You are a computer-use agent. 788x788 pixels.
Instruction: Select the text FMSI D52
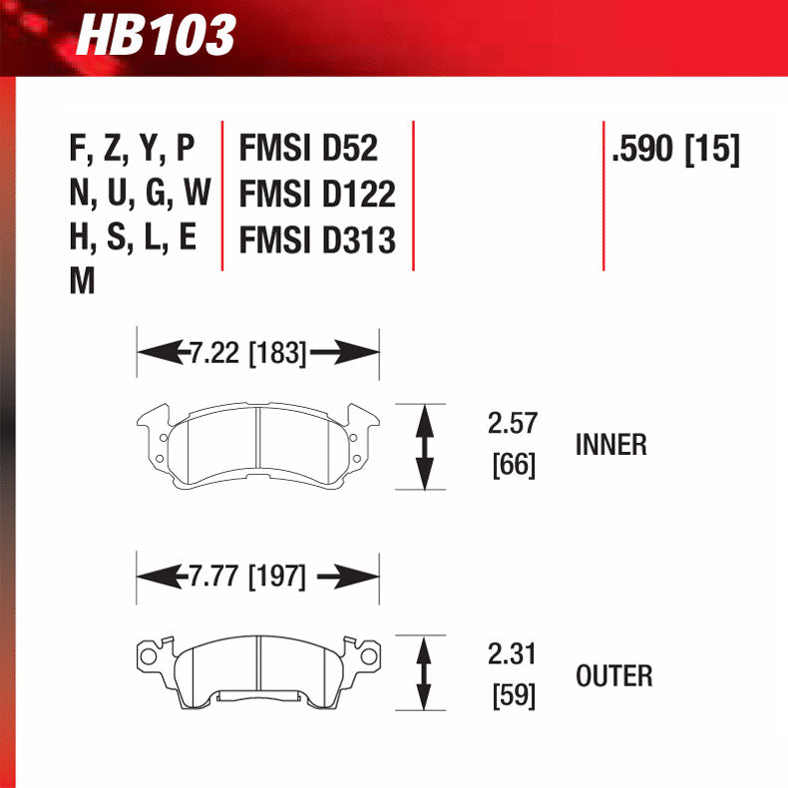pyautogui.click(x=308, y=149)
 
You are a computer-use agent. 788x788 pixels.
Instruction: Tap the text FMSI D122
pyautogui.click(x=317, y=194)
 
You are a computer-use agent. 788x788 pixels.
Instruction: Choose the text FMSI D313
pyautogui.click(x=317, y=239)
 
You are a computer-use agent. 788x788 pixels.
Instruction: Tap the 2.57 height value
pyautogui.click(x=513, y=424)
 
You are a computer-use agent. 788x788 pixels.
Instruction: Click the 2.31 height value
pyautogui.click(x=513, y=655)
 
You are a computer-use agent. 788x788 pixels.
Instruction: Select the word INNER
pyautogui.click(x=611, y=444)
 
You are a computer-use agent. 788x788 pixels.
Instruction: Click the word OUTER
pyautogui.click(x=614, y=676)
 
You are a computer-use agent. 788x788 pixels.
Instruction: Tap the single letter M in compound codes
pyautogui.click(x=82, y=282)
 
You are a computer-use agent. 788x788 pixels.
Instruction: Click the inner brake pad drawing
pyautogui.click(x=257, y=445)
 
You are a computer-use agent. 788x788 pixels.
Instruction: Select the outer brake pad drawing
pyautogui.click(x=257, y=669)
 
